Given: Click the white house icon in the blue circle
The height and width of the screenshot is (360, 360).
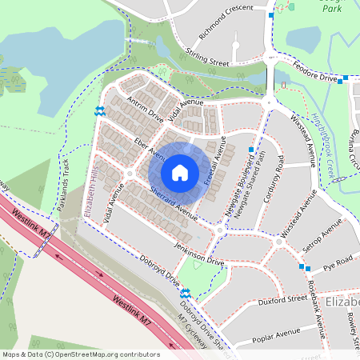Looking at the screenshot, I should pyautogui.click(x=180, y=172).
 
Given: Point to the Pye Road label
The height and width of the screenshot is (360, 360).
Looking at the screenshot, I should pyautogui.click(x=338, y=262).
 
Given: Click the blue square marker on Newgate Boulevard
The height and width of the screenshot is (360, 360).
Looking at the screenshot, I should pyautogui.click(x=251, y=150).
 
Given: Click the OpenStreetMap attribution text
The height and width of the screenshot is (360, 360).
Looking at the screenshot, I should pyautogui.click(x=81, y=354).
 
